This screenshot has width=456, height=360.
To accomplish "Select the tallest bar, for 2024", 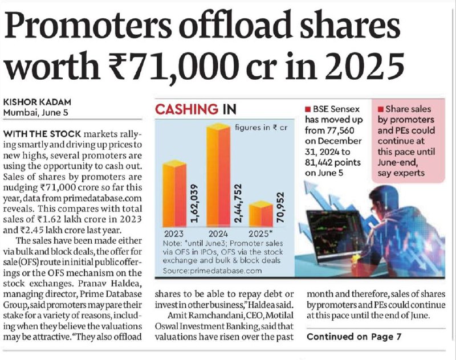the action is pyautogui.click(x=218, y=175).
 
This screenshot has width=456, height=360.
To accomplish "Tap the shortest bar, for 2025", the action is pyautogui.click(x=261, y=214).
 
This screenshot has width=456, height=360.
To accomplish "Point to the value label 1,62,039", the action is pyautogui.click(x=194, y=203).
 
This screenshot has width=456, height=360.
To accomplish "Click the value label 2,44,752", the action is pyautogui.click(x=238, y=203).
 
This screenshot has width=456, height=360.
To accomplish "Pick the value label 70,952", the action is pyautogui.click(x=280, y=207).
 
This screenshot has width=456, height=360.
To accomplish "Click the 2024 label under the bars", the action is pyautogui.click(x=218, y=234).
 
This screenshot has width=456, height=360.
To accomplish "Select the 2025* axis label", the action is pyautogui.click(x=260, y=234).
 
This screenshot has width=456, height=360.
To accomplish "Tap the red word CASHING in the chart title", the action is pyautogui.click(x=187, y=109).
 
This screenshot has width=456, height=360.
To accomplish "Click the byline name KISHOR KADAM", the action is pyautogui.click(x=37, y=103).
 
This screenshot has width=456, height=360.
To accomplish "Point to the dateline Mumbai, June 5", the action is pyautogui.click(x=35, y=112).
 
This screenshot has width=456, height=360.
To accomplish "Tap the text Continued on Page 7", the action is pyautogui.click(x=354, y=337).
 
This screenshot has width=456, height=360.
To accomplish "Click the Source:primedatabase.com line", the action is pyautogui.click(x=212, y=271).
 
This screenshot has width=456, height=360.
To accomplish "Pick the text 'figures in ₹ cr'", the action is pyautogui.click(x=261, y=128).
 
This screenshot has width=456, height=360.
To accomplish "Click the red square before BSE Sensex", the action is pyautogui.click(x=308, y=109).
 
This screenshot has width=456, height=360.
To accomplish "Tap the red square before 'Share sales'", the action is pyautogui.click(x=381, y=109).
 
